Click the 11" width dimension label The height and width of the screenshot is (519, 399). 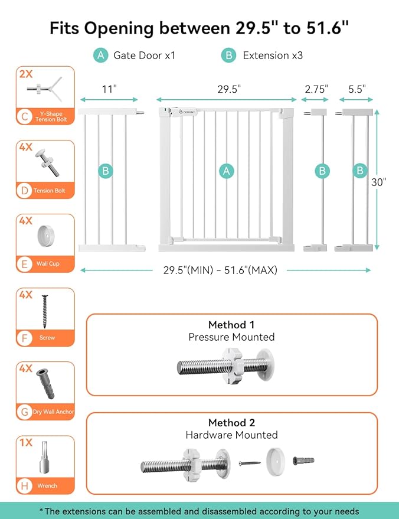tap(109, 89)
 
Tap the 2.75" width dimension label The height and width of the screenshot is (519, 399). tap(316, 89)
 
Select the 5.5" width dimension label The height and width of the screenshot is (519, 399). tap(357, 89)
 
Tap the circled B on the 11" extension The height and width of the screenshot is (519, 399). tap(105, 171)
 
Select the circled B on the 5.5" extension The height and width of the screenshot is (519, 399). tap(360, 171)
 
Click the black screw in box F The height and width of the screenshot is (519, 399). tap(44, 312)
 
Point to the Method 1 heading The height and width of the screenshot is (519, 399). tap(231, 325)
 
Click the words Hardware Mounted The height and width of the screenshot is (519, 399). tap(231, 435)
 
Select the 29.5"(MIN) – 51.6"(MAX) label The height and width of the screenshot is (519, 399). tap(220, 270)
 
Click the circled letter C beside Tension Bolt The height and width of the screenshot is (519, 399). tap(25, 116)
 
